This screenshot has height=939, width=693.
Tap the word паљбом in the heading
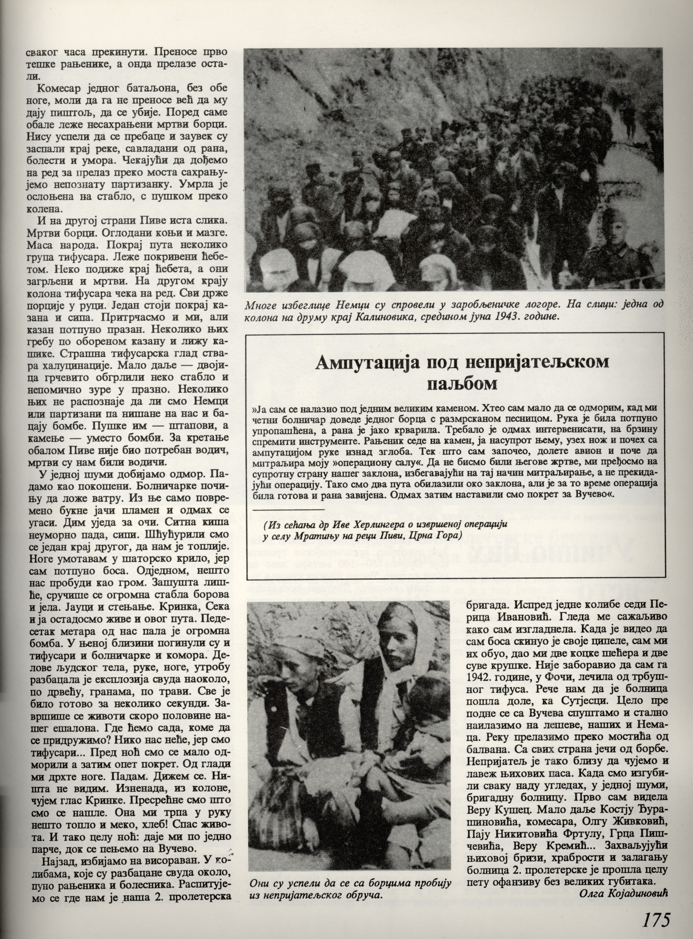(x=462, y=384)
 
